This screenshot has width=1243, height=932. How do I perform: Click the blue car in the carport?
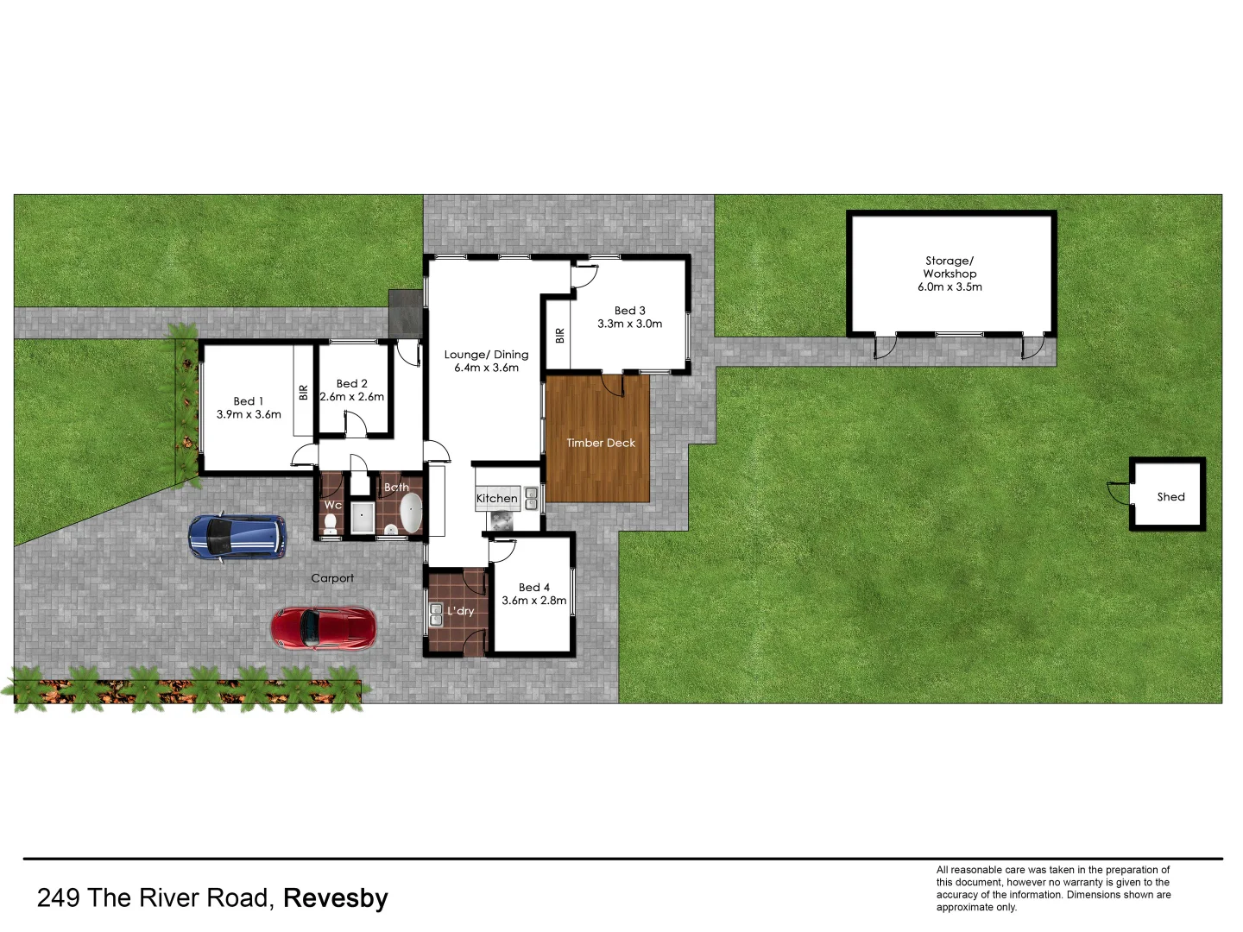237,537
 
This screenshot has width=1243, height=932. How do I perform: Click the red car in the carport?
324,627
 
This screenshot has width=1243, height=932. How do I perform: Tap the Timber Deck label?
601,443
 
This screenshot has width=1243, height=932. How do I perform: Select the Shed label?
1170,497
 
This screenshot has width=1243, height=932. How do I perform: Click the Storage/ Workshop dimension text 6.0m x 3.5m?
950,287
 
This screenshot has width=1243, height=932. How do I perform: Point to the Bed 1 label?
249,401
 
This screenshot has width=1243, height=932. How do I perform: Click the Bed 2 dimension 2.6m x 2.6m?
352,397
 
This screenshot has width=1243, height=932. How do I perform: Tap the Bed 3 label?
630,311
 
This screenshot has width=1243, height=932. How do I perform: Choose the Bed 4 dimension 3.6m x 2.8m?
534,601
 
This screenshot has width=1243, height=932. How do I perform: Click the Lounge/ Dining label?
486,355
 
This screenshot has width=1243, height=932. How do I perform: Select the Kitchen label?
497,499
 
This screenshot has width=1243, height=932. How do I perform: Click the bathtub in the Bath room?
410,513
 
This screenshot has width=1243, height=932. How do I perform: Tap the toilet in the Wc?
331,521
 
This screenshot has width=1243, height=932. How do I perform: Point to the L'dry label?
461,611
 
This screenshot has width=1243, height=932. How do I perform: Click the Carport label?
332,578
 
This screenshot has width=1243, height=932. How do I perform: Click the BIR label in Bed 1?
303,393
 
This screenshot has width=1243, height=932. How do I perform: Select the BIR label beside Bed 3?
559,336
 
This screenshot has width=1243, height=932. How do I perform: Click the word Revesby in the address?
336,898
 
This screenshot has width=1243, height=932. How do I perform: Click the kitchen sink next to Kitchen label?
532,498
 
